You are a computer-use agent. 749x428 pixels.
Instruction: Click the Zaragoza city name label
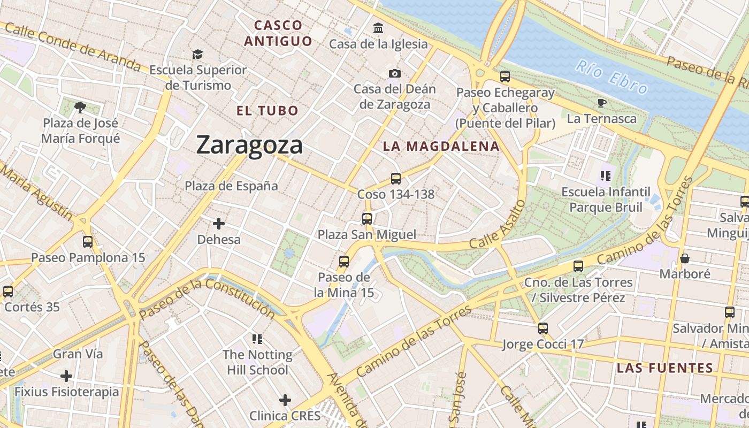(x=249, y=144)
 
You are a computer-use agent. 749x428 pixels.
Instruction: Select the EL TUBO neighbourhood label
(x=267, y=111)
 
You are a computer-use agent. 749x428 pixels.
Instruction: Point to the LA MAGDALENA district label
(x=441, y=146)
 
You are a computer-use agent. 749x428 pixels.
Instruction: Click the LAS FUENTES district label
(x=665, y=368)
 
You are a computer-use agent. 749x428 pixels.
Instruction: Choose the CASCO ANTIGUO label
(x=278, y=33)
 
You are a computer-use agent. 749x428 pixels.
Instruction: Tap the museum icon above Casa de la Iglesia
(x=378, y=28)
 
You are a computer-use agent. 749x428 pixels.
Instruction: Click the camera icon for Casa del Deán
(x=395, y=73)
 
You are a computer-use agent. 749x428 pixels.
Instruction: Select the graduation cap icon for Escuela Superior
(x=198, y=54)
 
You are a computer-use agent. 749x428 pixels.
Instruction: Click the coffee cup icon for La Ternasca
(x=602, y=103)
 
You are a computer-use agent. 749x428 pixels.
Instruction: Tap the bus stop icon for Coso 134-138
(x=396, y=179)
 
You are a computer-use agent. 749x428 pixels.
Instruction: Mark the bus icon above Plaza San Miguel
(x=366, y=218)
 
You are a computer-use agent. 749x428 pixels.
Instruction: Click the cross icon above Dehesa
(x=219, y=224)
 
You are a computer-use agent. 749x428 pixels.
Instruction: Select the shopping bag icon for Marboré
(x=684, y=258)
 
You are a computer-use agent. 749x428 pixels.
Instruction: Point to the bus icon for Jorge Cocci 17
(x=543, y=328)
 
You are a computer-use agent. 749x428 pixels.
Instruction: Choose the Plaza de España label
(x=231, y=186)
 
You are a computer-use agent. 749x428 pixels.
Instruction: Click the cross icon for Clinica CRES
(x=285, y=400)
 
